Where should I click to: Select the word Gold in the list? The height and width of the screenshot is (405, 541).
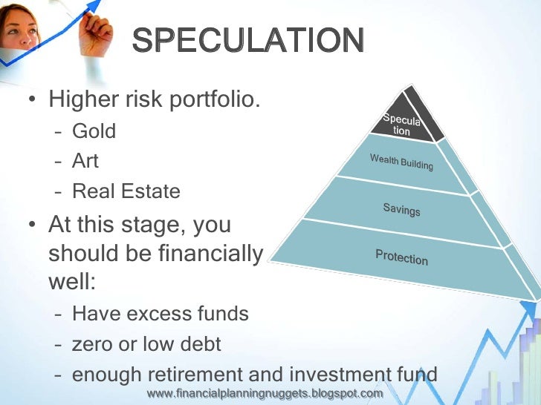click(94, 131)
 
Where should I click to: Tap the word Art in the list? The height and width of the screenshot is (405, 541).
click(85, 161)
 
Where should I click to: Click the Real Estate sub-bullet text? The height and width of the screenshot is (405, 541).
click(126, 191)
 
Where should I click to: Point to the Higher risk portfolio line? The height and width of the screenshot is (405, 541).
click(155, 99)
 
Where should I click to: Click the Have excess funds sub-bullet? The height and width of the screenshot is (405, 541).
click(160, 314)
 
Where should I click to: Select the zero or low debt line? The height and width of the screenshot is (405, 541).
click(146, 344)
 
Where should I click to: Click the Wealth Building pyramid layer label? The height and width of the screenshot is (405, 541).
click(401, 161)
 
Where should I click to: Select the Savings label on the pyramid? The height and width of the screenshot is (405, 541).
click(401, 210)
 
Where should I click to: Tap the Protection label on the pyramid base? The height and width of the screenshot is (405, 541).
click(401, 257)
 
